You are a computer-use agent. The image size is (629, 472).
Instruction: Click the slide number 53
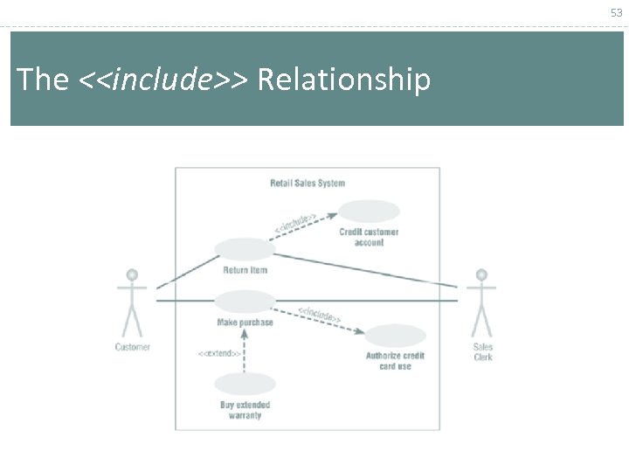(x=617, y=12)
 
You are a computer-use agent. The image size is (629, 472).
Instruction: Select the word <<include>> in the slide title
(x=163, y=80)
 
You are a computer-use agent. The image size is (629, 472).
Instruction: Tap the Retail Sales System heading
(x=308, y=184)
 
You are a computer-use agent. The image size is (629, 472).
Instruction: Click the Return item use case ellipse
(x=245, y=248)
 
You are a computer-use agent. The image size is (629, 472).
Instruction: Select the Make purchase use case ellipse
(x=245, y=302)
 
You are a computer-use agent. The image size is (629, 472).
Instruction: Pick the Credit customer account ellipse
(x=369, y=211)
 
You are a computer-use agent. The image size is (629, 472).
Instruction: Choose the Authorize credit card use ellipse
(x=395, y=336)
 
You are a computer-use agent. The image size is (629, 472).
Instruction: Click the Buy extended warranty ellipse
(x=245, y=384)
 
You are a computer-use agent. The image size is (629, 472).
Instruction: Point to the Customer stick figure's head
(x=132, y=274)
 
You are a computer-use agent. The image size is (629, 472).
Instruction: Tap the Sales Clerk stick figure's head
(x=481, y=274)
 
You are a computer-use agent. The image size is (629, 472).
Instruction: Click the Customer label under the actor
(x=133, y=347)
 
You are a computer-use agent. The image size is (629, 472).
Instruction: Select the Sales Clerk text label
(x=483, y=351)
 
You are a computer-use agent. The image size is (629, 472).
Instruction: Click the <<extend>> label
(x=219, y=353)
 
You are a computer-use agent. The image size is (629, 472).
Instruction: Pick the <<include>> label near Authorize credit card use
(x=320, y=314)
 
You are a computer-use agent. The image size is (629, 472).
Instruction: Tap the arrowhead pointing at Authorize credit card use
(x=359, y=331)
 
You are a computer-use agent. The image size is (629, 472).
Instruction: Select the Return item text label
(x=245, y=270)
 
